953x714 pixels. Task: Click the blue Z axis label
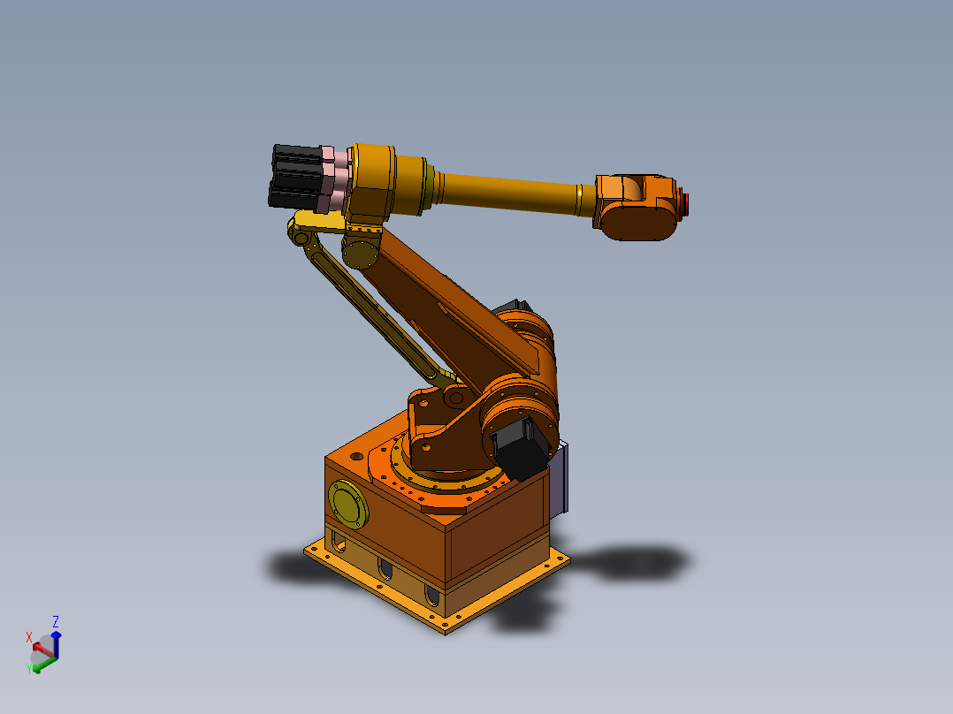56,621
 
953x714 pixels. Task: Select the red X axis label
29,637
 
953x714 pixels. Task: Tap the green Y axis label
29,668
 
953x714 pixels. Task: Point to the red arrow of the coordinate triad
41,649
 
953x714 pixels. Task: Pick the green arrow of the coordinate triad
43,663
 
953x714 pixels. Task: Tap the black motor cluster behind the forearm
295,177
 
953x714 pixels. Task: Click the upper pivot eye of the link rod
301,237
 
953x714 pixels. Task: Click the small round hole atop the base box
356,458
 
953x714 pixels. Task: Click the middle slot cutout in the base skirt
386,570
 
